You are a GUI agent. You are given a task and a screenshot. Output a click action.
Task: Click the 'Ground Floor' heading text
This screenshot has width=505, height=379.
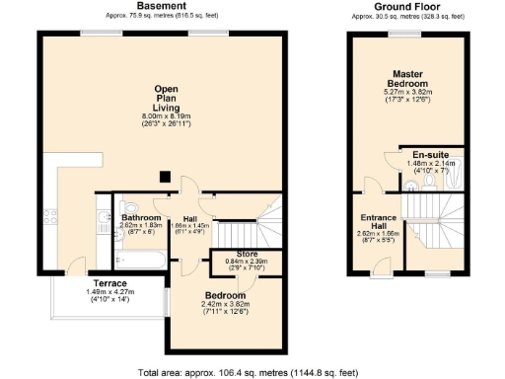click(407, 6)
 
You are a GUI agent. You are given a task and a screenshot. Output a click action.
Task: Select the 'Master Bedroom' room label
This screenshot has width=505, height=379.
click(407, 80)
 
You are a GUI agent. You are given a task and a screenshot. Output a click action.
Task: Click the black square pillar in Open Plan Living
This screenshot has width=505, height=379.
click(166, 178)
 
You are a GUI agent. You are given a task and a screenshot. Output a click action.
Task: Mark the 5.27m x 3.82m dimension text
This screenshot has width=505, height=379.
click(407, 93)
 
